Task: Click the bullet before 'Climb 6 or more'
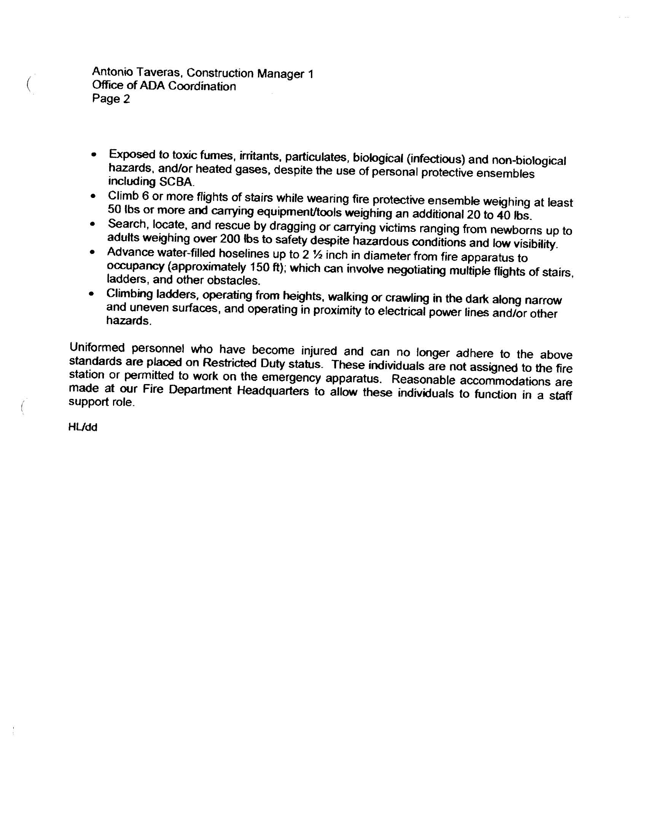[x=93, y=196]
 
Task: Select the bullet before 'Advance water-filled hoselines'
[x=92, y=253]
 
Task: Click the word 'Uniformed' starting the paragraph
[x=97, y=348]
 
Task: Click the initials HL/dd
[x=83, y=428]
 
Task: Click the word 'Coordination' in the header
[x=202, y=86]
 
